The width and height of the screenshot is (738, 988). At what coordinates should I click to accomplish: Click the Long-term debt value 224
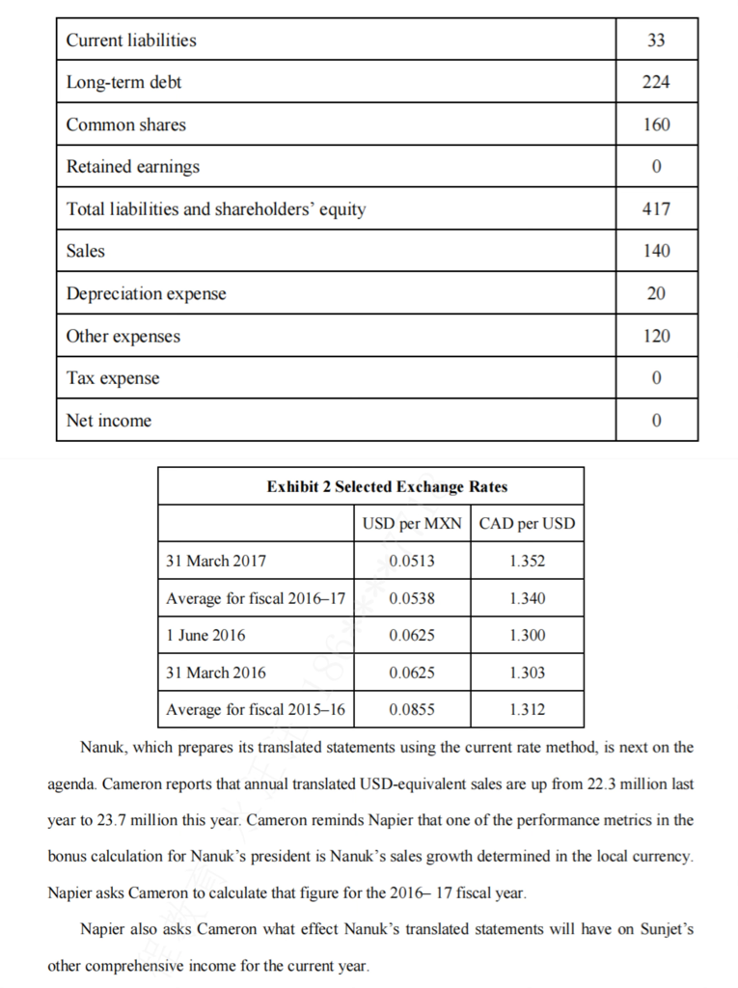click(656, 82)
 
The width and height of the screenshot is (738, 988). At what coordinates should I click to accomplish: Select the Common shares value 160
click(656, 124)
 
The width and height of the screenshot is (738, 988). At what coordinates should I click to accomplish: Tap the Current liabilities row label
click(130, 40)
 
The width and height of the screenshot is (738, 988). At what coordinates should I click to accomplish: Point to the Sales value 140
click(656, 251)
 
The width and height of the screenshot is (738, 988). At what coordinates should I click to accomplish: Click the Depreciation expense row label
click(146, 293)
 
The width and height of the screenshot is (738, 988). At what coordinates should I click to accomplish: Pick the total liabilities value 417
click(656, 208)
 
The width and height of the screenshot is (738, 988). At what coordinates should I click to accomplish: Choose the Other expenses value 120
click(656, 336)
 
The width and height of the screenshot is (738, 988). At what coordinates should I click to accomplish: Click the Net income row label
click(108, 421)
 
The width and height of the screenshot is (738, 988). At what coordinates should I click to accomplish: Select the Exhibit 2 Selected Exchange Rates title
click(372, 486)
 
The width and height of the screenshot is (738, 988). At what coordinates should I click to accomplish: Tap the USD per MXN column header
click(412, 524)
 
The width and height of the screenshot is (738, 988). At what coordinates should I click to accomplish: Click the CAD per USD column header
click(527, 524)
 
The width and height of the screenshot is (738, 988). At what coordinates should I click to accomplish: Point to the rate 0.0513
click(412, 561)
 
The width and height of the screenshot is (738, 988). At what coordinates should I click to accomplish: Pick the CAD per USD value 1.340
click(527, 598)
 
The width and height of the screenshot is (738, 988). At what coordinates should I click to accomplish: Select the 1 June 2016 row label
click(205, 635)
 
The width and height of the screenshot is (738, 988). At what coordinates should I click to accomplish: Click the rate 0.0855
click(412, 709)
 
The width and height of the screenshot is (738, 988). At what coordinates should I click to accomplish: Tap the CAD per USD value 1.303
click(527, 672)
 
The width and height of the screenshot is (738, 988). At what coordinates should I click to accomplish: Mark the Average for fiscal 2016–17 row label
click(256, 598)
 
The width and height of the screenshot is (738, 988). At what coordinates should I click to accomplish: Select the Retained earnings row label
click(132, 166)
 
